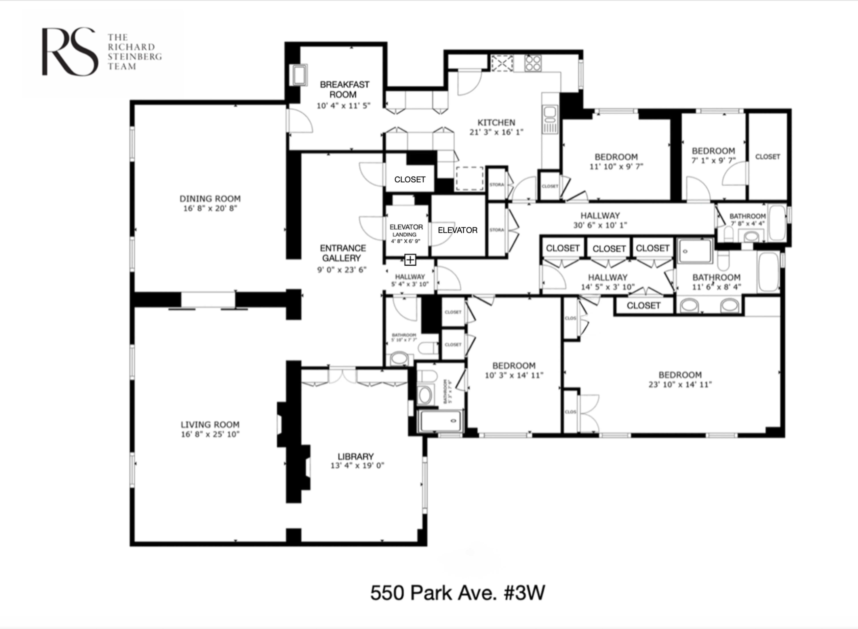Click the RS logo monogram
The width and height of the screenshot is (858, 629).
(x=69, y=51)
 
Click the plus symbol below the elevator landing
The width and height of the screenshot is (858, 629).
(x=410, y=260)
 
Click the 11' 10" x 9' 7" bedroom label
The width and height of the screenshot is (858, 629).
(x=616, y=157)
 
